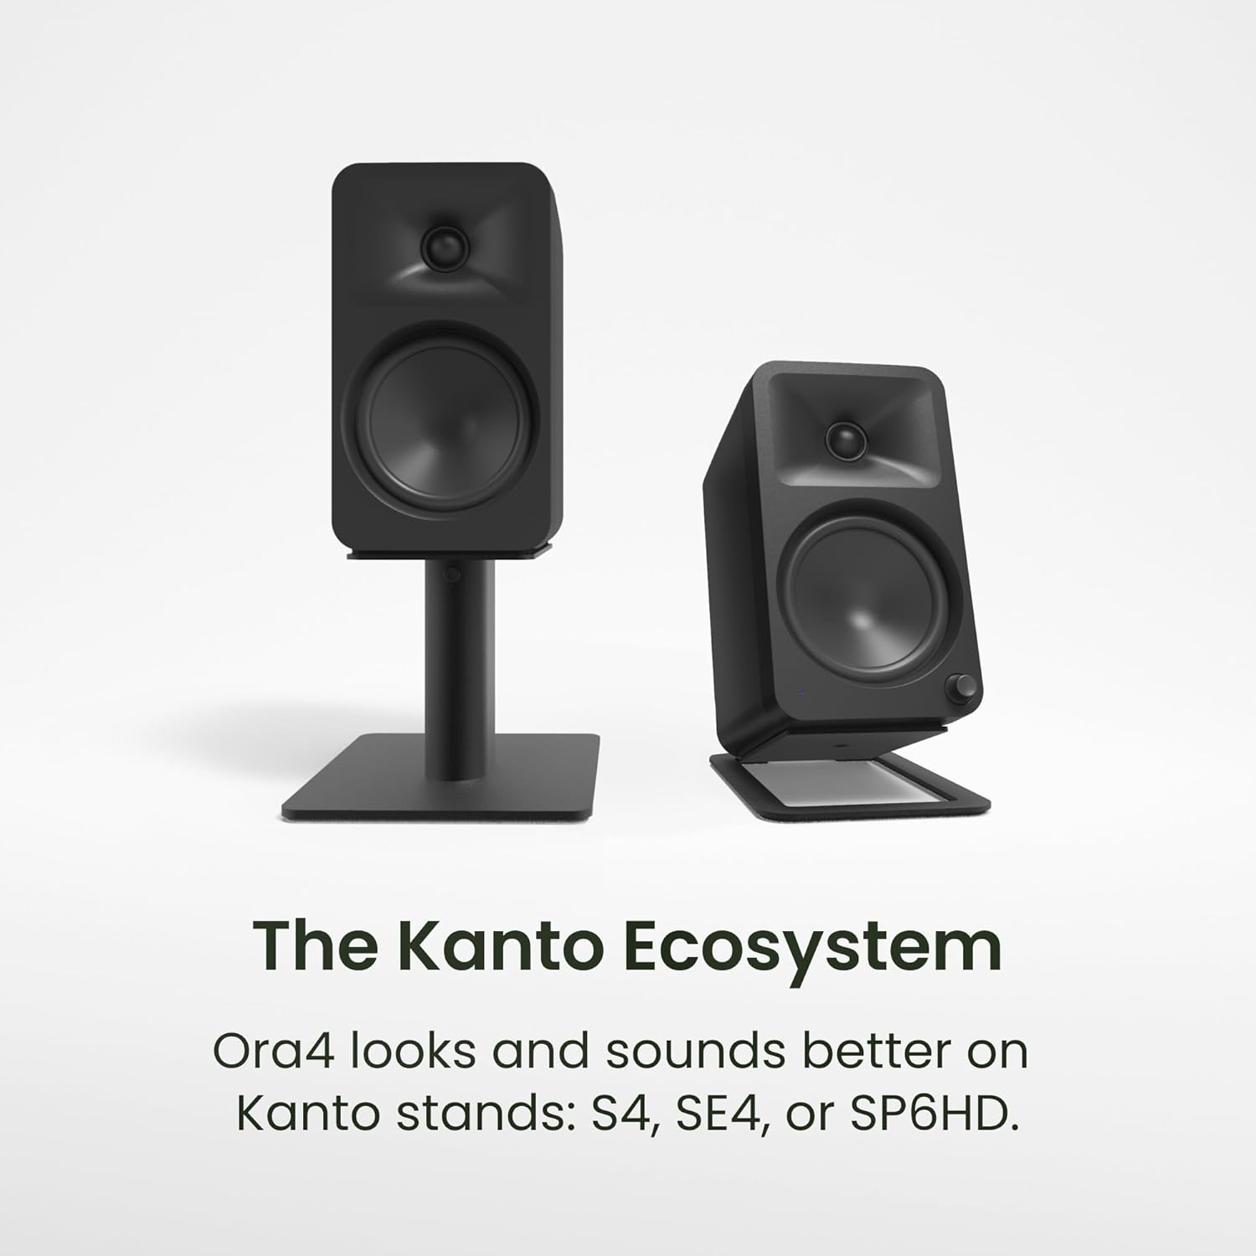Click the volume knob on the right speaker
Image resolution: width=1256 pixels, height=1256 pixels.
pos(958,688)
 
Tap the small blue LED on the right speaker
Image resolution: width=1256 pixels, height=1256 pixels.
pos(801,692)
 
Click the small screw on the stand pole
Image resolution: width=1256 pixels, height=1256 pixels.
pos(452,575)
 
